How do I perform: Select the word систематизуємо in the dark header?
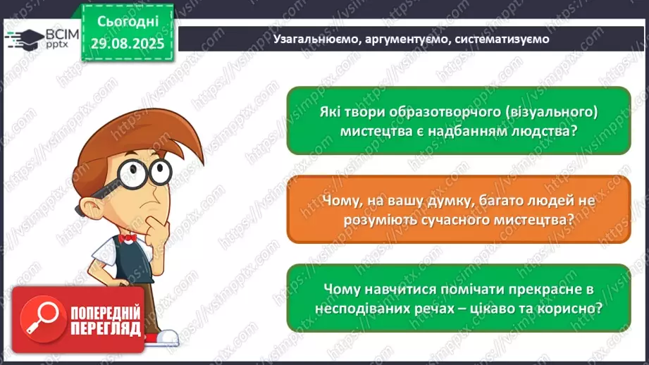point(502,39)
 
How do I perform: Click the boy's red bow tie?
point(128,238)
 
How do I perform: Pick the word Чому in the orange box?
point(342,202)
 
